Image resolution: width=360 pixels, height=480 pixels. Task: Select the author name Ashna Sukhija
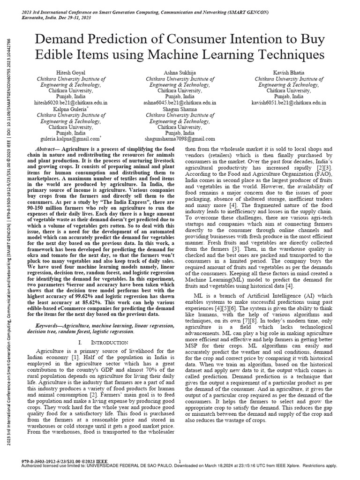[x=180, y=74]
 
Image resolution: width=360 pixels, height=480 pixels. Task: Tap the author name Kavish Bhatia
[x=289, y=74]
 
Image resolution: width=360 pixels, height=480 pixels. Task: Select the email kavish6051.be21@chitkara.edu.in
[x=289, y=102]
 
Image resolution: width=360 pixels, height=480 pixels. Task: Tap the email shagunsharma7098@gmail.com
[x=180, y=139]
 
